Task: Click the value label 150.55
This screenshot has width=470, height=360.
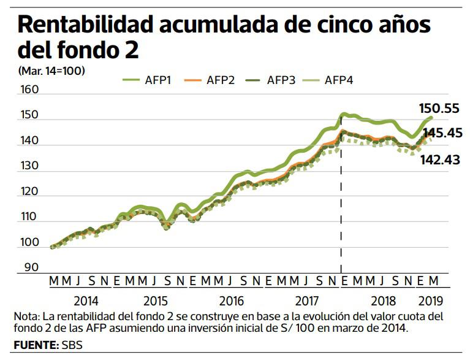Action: pos(439,108)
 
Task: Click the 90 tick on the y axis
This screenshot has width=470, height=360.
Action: pos(31,267)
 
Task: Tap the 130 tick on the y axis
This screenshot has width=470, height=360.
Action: pos(29,166)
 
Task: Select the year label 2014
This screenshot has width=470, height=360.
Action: pos(86,302)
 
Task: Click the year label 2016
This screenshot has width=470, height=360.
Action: pos(231,302)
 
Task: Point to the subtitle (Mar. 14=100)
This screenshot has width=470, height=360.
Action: pos(51,71)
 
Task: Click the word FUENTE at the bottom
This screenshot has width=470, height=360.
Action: pos(35,345)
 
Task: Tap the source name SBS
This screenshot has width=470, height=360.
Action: pos(72,345)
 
